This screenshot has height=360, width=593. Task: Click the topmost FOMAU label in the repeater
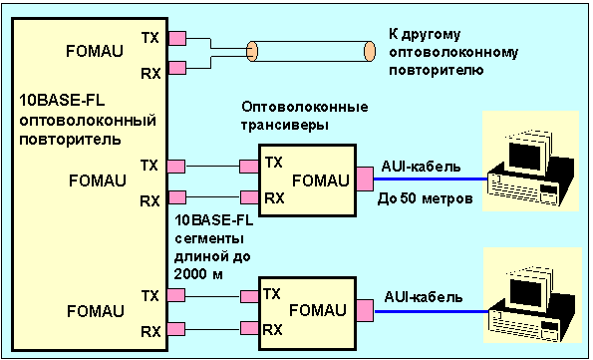[95, 51]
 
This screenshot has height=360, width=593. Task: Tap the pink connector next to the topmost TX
[177, 38]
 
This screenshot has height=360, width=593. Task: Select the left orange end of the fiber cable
[252, 51]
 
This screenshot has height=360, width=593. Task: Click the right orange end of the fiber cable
[370, 51]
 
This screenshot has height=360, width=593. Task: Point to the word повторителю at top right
[437, 71]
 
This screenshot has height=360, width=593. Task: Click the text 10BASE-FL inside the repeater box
[62, 101]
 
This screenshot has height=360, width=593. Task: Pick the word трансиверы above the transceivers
[285, 125]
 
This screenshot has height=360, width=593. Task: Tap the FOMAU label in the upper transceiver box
[321, 180]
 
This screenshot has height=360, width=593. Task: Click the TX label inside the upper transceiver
[273, 163]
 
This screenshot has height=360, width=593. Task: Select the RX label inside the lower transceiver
[273, 330]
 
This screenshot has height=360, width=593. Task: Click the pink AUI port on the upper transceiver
[365, 179]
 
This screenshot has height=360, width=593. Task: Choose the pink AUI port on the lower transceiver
[365, 311]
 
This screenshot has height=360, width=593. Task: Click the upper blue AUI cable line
[431, 179]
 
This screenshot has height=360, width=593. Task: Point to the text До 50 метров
[426, 198]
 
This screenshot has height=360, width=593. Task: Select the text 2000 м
[198, 274]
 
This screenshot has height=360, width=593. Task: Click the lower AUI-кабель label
[424, 297]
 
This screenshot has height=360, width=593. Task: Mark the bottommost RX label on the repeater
[150, 332]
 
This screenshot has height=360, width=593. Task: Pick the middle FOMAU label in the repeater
[98, 180]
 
